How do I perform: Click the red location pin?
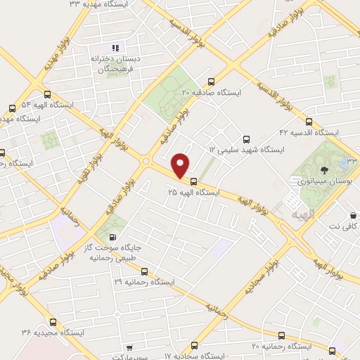coord(181,165)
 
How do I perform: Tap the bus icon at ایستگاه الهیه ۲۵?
coord(194,181)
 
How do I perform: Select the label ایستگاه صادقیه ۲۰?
coord(210,92)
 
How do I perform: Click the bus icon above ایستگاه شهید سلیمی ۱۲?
coord(245,139)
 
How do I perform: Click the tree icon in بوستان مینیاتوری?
coord(324,169)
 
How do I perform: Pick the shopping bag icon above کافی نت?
coord(353,215)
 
